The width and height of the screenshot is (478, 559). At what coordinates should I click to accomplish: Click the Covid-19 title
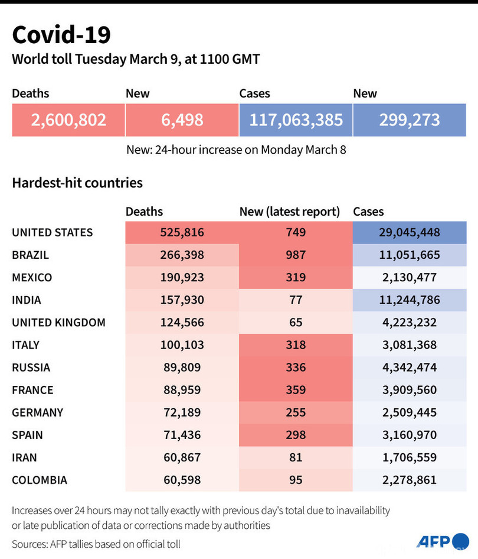tap(61, 35)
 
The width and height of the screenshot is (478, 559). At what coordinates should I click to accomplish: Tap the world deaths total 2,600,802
tap(68, 120)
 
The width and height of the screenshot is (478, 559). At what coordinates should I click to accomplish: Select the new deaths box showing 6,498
tap(182, 120)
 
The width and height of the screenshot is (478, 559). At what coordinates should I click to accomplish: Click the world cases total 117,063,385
tap(296, 120)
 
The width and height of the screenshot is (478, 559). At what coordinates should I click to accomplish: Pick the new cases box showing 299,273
tap(410, 120)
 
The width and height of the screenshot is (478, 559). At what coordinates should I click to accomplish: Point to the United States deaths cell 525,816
tap(182, 232)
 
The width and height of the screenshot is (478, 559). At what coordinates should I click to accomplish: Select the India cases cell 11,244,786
tap(410, 300)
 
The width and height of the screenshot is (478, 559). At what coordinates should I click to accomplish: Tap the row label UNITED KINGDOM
tap(58, 323)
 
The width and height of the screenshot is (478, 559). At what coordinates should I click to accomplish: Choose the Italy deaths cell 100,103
tap(182, 345)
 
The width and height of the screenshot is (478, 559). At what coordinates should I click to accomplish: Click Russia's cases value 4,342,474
tap(410, 368)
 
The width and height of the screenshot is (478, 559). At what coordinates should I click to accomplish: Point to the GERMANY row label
tap(37, 412)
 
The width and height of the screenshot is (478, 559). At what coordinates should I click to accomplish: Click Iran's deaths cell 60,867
tap(182, 457)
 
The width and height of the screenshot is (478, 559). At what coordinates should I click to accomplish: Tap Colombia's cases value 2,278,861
tap(410, 480)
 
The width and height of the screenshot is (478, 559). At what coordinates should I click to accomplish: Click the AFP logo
tap(442, 541)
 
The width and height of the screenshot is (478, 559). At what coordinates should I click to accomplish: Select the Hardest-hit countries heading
tap(77, 183)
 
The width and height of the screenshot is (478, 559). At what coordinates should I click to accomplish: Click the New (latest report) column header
tap(289, 212)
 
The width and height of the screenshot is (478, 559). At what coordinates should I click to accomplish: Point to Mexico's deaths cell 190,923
tap(182, 277)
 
